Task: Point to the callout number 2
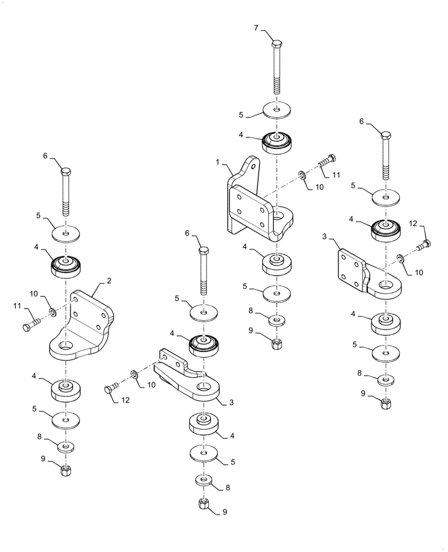(x=109, y=281)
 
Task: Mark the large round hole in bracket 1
(x=278, y=213)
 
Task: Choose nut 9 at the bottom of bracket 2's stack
(x=66, y=470)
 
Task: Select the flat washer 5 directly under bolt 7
(x=278, y=109)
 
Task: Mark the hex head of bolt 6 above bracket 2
(x=66, y=171)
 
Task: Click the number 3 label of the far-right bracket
(x=326, y=236)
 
